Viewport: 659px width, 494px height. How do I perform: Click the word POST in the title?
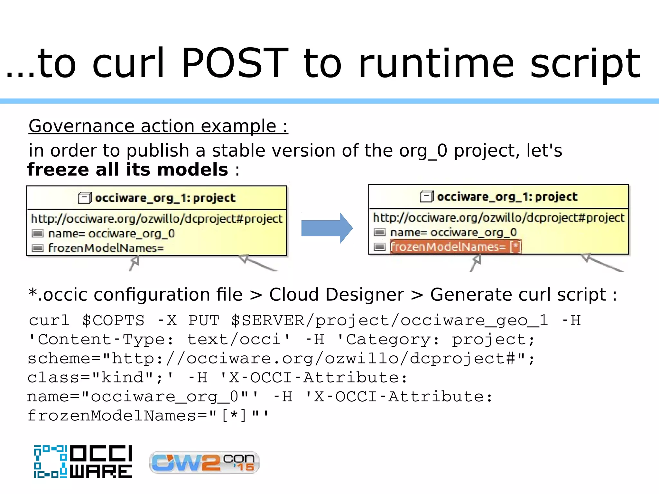click(x=235, y=63)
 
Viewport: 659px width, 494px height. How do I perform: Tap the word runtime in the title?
click(x=436, y=63)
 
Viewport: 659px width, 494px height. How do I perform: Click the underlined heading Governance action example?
click(x=158, y=126)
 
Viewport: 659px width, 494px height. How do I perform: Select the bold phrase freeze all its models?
click(x=128, y=169)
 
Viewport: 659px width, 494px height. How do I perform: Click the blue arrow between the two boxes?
click(x=326, y=228)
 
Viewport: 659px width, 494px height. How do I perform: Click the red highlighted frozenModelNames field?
click(x=455, y=247)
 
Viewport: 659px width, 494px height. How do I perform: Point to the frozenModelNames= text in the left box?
click(x=106, y=248)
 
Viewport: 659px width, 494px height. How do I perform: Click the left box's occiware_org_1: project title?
click(x=165, y=198)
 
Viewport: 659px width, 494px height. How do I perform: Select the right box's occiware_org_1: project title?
click(x=507, y=197)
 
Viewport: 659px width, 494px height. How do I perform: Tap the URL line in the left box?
click(x=157, y=219)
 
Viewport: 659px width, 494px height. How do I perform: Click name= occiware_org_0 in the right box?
click(x=453, y=232)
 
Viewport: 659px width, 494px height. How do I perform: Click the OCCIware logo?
click(x=83, y=462)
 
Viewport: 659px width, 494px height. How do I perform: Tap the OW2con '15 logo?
click(x=204, y=462)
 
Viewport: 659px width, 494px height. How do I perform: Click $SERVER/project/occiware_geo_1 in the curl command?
click(x=389, y=320)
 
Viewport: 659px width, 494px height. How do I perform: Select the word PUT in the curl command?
click(x=204, y=320)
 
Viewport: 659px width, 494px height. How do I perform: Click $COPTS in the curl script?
click(x=113, y=320)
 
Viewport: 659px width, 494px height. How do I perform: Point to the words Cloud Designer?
click(x=336, y=295)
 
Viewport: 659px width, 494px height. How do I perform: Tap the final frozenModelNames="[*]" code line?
click(x=148, y=416)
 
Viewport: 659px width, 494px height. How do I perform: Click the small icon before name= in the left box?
click(x=38, y=233)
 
